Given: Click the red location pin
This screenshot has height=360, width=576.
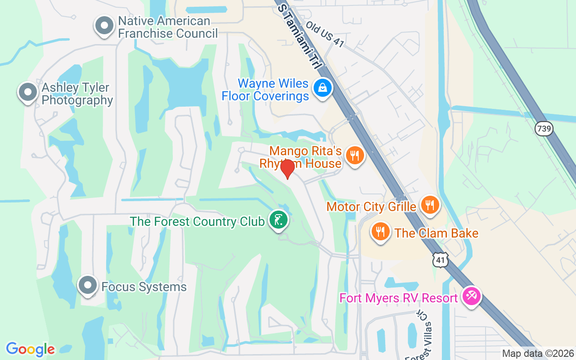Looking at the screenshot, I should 287,169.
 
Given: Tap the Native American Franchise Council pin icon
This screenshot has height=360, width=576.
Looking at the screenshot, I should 104,26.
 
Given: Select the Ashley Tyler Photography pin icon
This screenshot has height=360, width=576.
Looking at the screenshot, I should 27,92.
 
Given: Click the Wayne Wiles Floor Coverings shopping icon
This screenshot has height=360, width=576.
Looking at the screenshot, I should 323,88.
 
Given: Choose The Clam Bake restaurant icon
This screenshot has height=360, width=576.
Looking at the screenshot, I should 381,232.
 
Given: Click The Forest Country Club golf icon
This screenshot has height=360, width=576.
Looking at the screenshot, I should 279,220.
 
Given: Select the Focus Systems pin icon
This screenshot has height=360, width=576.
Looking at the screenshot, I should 87,285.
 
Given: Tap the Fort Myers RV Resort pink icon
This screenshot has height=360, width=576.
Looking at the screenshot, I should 472,297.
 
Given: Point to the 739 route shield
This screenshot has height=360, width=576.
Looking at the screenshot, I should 544,129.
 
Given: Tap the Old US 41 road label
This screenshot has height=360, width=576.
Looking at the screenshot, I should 325,33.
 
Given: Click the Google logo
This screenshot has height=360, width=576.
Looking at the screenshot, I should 30,349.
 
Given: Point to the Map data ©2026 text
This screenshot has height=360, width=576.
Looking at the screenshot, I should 538,354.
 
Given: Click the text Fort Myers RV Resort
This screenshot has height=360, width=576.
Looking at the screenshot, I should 399,298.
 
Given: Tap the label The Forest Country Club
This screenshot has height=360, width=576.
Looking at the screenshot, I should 197,221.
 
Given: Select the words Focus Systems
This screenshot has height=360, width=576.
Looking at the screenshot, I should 144,287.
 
